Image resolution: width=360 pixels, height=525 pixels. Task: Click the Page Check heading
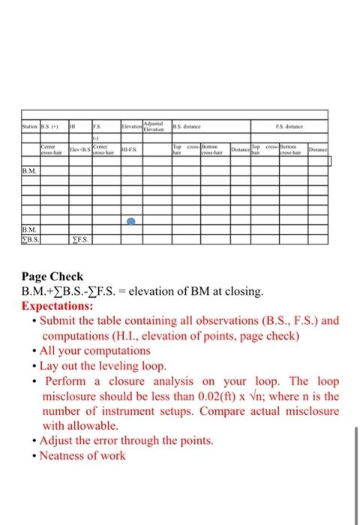[x=52, y=277]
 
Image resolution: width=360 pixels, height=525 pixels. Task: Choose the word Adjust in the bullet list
[x=57, y=439]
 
